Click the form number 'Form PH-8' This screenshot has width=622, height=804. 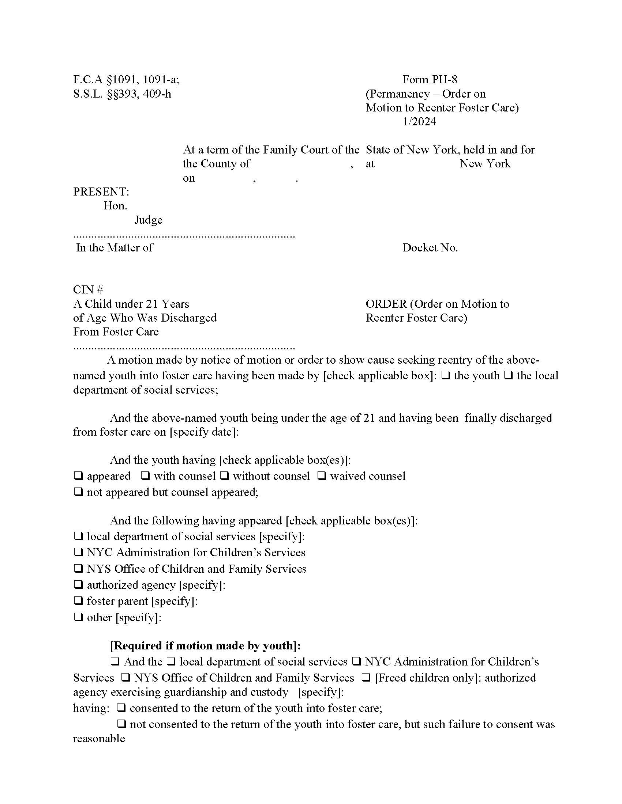pos(429,80)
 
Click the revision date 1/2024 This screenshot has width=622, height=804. pos(419,121)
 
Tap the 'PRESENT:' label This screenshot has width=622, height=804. pos(101,192)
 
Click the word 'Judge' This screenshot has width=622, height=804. pos(148,220)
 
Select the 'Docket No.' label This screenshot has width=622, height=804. pos(430,248)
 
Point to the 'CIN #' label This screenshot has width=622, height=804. pos(88,290)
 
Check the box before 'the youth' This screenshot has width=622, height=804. pos(445,375)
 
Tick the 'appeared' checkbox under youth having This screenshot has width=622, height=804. pos(78,476)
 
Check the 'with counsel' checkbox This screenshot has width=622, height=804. pos(146,476)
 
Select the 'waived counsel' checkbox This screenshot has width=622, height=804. pos(321,476)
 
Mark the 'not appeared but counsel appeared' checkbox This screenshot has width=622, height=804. pos(78,492)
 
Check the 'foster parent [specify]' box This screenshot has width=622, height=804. pos(78,601)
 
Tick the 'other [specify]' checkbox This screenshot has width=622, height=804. pos(78,617)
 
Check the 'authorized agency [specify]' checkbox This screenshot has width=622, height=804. pos(78,585)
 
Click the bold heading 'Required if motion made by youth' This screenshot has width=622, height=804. pos(205,645)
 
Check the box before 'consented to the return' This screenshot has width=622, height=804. pos(121,708)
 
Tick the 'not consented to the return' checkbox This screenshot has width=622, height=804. pos(121,724)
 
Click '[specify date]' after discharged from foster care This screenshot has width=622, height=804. pos(204,432)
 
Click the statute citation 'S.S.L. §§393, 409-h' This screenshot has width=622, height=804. pos(122,94)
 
